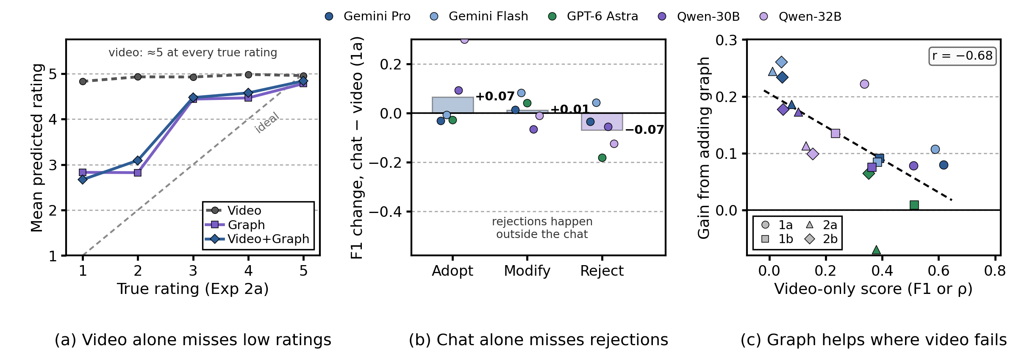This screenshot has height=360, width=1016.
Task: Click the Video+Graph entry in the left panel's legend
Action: coord(258,239)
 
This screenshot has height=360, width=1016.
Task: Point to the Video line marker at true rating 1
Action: coord(83,81)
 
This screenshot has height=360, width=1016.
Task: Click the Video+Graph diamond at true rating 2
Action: coord(138,161)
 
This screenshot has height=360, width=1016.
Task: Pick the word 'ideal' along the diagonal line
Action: coord(267,122)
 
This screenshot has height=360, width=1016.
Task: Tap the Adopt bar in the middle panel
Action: coord(452,105)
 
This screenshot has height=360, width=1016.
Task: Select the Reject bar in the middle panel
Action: coord(602,122)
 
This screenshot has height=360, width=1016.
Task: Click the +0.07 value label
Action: coord(495,97)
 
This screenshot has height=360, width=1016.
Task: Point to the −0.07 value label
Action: coord(644,130)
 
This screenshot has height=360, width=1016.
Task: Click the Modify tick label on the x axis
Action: coord(527,271)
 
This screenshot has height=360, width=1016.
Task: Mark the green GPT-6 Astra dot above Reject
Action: coord(602,158)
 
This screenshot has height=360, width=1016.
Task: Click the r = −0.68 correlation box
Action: coord(962,56)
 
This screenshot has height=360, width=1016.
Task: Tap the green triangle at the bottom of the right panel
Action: coord(876,250)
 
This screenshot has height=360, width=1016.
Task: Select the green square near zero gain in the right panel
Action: coord(914,205)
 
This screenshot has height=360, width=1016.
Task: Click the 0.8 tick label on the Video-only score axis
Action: coord(995,271)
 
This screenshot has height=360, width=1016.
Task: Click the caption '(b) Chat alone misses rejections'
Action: coord(539,340)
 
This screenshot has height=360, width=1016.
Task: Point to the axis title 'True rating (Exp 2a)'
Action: coord(193,289)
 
